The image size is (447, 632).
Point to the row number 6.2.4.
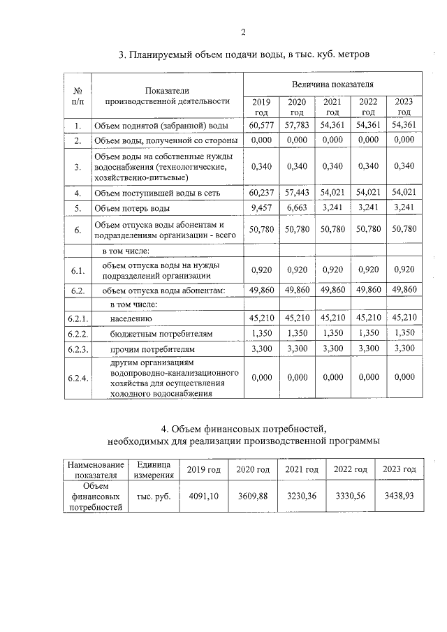point(78,378)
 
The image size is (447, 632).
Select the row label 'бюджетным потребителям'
point(155,334)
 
